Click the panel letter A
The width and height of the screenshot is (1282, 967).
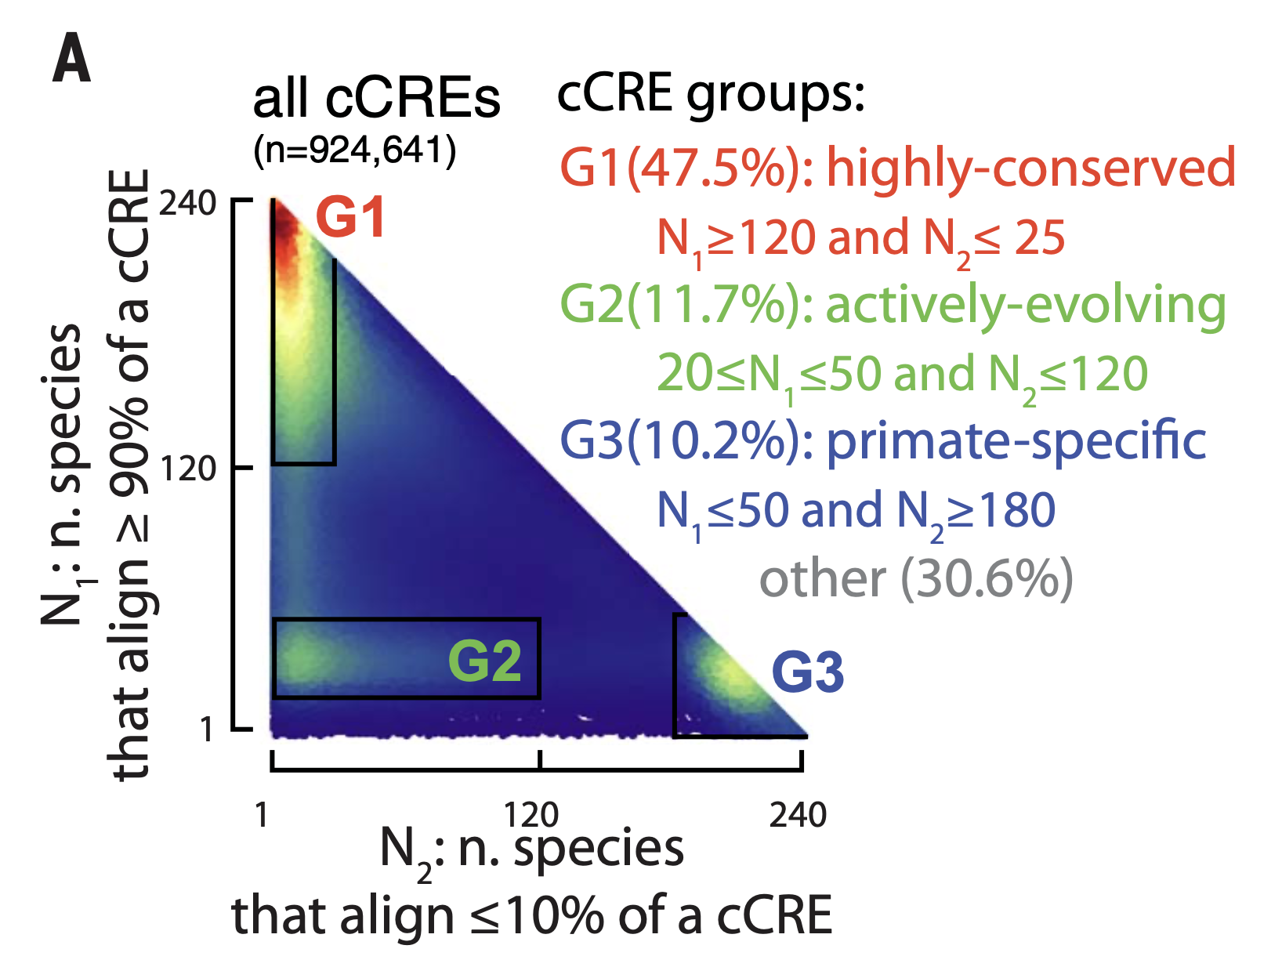71,60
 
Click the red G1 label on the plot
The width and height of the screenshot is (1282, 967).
350,218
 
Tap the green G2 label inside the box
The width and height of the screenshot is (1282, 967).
484,660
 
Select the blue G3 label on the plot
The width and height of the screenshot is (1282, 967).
808,672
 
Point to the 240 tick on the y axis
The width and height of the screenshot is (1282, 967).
187,203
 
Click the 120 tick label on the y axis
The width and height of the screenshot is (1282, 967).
187,469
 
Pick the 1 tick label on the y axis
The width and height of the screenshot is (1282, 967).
206,730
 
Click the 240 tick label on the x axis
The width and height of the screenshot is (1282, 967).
798,815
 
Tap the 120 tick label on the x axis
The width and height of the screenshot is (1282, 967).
531,815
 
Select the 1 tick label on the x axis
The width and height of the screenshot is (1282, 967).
262,815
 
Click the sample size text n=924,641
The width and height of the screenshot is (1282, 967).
354,149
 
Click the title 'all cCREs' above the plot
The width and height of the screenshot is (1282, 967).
376,100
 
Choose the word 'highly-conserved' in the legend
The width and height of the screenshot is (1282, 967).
1030,168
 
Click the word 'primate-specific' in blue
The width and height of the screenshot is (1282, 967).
1016,440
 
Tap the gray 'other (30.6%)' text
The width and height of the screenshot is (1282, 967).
916,578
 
